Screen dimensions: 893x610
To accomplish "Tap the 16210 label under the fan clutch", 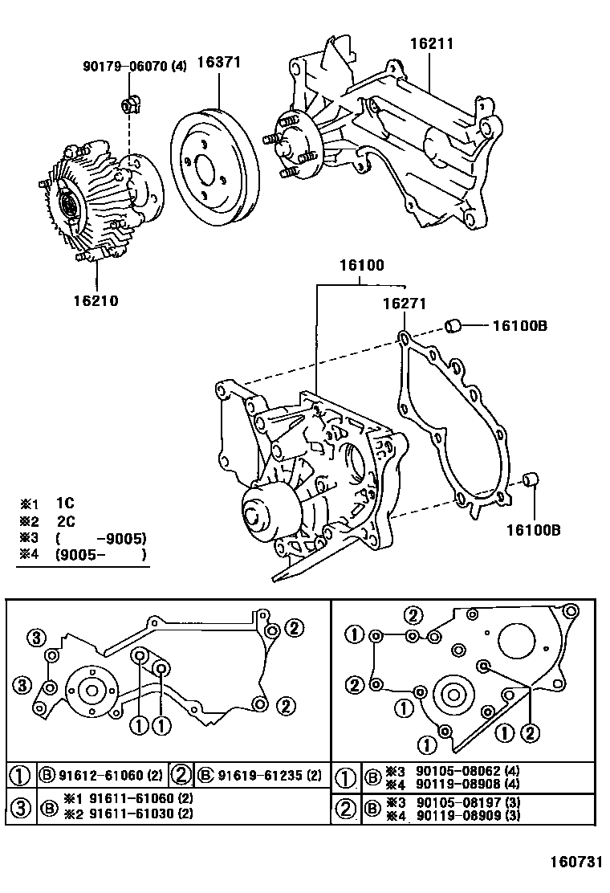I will (x=96, y=301).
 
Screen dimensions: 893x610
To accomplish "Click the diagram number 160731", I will (x=575, y=862).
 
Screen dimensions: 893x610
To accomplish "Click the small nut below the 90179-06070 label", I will (x=128, y=104).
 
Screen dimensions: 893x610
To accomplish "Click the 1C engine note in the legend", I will (x=65, y=504).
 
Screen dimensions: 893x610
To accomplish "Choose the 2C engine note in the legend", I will (x=65, y=520).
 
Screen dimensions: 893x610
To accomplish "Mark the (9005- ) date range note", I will (x=100, y=554).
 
